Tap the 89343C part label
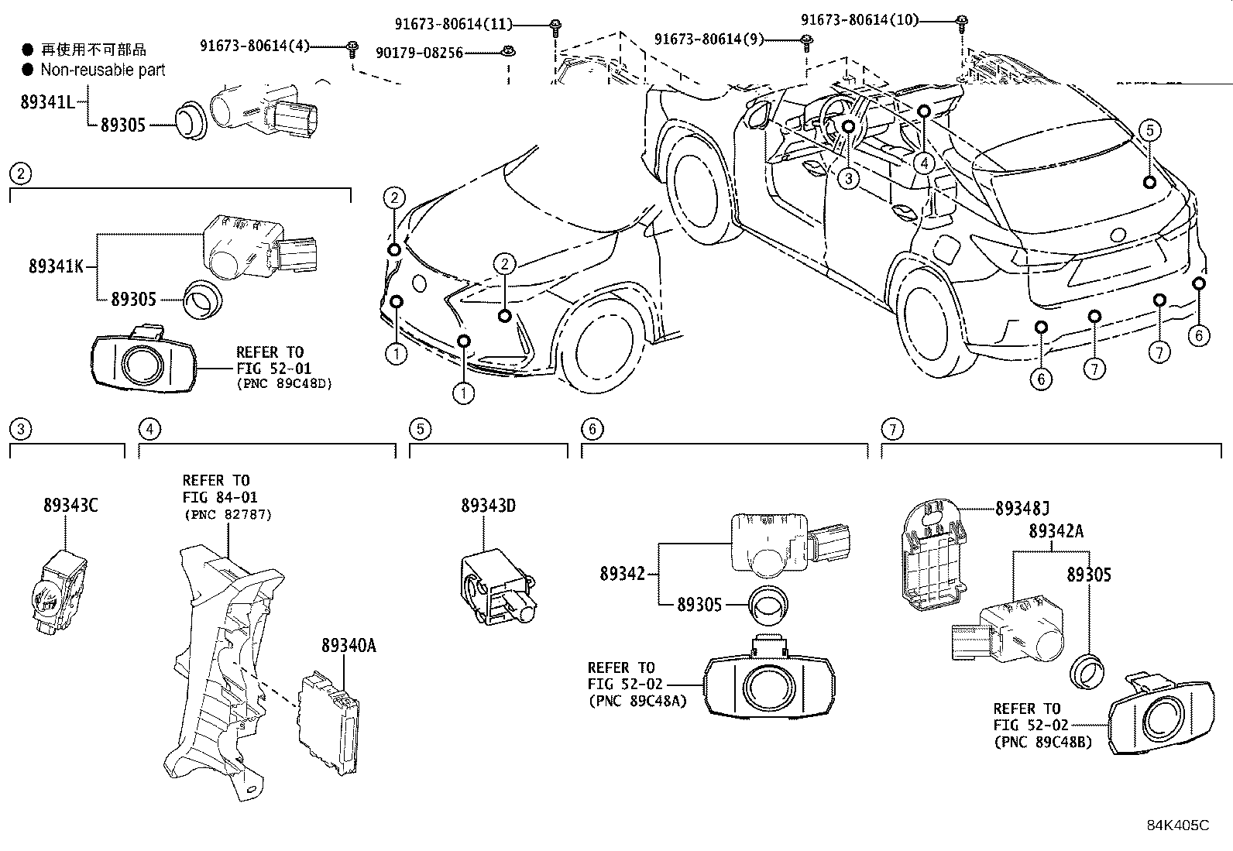(x=70, y=506)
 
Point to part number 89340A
(x=349, y=646)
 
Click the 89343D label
(x=488, y=506)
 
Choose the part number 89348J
(x=1022, y=509)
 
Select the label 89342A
(x=1056, y=531)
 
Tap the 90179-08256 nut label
(x=419, y=53)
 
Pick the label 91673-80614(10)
(x=860, y=20)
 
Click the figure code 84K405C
(x=1177, y=825)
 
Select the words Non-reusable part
(x=103, y=70)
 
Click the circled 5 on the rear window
(x=1149, y=130)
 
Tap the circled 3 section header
(x=21, y=429)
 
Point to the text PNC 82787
(x=227, y=514)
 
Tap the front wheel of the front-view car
(x=600, y=345)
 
